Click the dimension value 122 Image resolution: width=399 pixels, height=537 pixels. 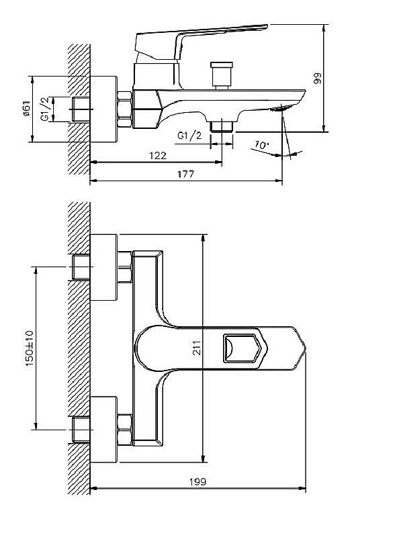pos(157,156)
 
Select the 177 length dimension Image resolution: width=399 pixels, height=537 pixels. pos(185,174)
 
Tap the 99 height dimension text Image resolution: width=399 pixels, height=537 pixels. pos(316,79)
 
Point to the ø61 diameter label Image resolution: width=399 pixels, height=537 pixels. pos(26,107)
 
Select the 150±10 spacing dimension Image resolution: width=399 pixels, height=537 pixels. pos(28,348)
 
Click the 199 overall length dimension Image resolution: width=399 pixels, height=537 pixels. pos(197,482)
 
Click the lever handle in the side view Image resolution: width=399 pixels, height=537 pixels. pos(202,37)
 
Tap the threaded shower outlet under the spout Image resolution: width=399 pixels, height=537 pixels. pos(221,126)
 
